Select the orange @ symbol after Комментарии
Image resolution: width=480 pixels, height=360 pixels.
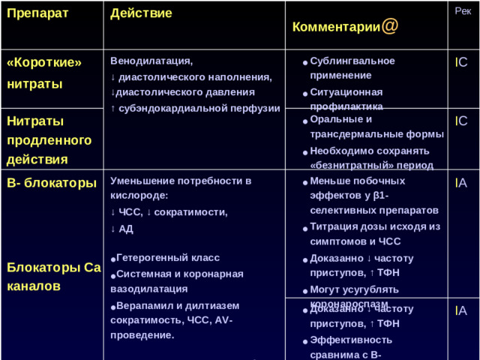tap(389, 25)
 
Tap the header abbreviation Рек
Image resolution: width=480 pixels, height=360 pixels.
tap(462, 11)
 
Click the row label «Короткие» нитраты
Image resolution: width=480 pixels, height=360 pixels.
tap(43, 73)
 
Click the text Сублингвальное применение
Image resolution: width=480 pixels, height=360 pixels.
tap(352, 68)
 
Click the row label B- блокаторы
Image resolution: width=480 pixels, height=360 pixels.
tap(50, 182)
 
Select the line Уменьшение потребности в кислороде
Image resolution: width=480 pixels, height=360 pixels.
tap(180, 188)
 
